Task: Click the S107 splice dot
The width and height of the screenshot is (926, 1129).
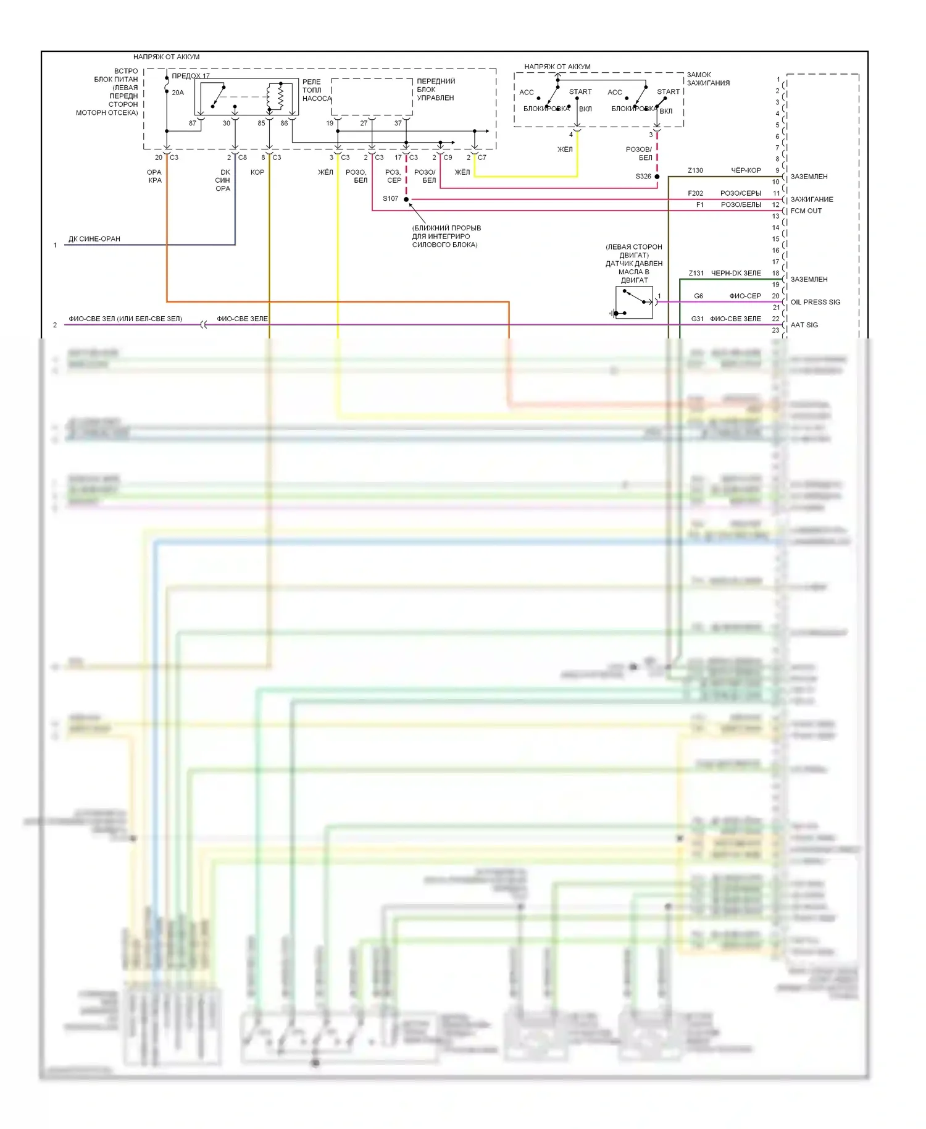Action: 406,199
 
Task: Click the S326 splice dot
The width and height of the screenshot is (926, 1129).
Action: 657,177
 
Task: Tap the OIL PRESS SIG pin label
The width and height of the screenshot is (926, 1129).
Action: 815,302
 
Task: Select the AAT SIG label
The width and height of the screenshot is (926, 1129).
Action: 804,325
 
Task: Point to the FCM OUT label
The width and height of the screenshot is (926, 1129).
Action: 806,211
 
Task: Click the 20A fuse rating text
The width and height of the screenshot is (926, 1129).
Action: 178,93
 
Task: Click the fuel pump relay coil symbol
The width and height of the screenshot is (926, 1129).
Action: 275,97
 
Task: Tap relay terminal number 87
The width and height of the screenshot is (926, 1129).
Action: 193,123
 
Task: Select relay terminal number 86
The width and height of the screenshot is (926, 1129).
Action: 284,123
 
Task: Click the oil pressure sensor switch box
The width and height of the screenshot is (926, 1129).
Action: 634,303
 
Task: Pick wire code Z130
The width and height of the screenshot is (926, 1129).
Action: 695,170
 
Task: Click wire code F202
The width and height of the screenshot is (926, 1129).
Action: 695,193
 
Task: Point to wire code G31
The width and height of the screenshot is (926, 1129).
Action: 697,319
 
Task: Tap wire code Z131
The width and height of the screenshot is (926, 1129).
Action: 696,273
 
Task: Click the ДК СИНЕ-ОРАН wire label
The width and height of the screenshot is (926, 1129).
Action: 94,239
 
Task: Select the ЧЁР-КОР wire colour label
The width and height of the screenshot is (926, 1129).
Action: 746,170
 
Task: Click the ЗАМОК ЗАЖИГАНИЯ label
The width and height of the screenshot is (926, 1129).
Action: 708,79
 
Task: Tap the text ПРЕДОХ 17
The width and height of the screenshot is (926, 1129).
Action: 190,76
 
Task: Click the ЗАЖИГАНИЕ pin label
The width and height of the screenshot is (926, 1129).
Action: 811,199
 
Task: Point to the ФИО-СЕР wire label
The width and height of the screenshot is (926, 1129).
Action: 745,296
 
